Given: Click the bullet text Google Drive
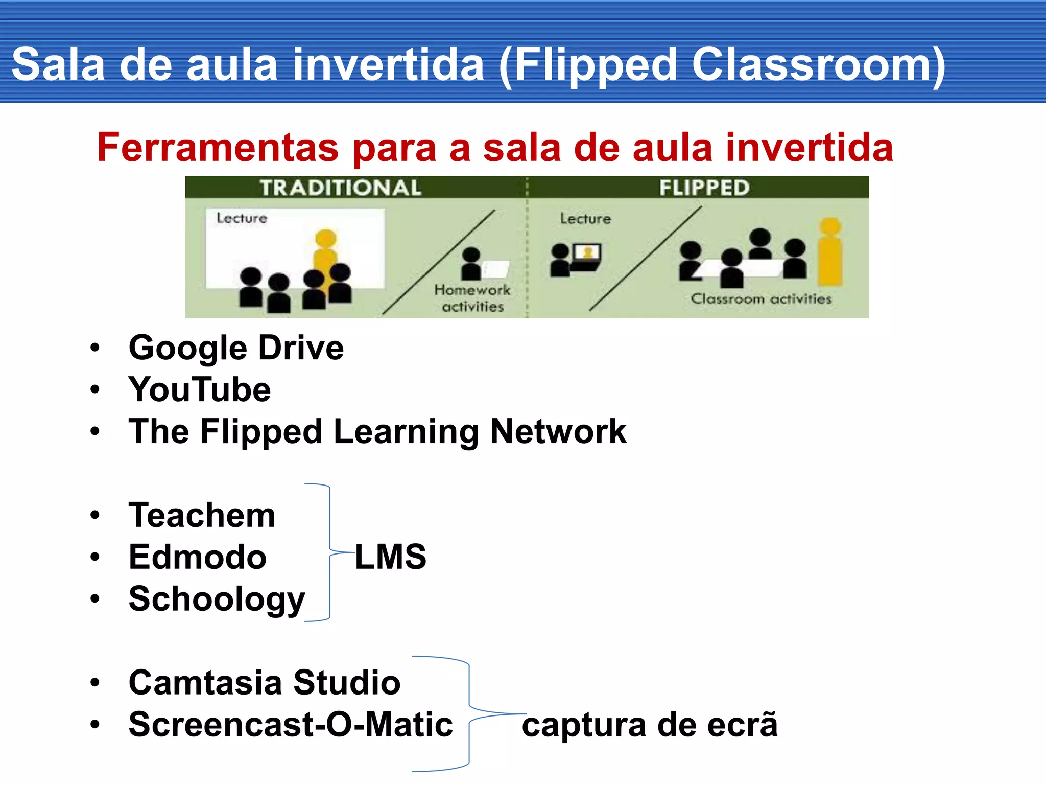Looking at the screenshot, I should (x=236, y=349).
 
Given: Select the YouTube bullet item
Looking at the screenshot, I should (x=200, y=390).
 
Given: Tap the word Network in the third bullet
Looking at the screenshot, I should (x=558, y=432).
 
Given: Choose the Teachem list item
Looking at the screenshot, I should (x=202, y=515).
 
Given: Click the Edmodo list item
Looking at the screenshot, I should (x=198, y=557).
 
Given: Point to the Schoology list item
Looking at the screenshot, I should (x=217, y=599).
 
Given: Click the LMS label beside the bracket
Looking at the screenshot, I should (x=391, y=557).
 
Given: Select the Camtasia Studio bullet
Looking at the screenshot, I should (x=265, y=683).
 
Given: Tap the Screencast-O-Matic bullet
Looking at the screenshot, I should (x=291, y=725).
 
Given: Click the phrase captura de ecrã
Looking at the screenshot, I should (x=650, y=725).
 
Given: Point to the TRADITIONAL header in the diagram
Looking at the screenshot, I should (x=341, y=188).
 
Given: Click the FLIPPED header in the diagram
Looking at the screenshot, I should (x=704, y=188).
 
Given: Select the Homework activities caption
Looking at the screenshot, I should (x=472, y=298).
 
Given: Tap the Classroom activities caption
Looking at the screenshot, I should (x=761, y=299).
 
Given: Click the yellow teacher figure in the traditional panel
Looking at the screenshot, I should (x=325, y=256).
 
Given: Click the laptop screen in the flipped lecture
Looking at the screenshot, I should (x=587, y=253).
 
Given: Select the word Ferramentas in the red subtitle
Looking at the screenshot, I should (x=218, y=148).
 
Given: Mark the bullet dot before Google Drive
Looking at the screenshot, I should (x=95, y=349).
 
